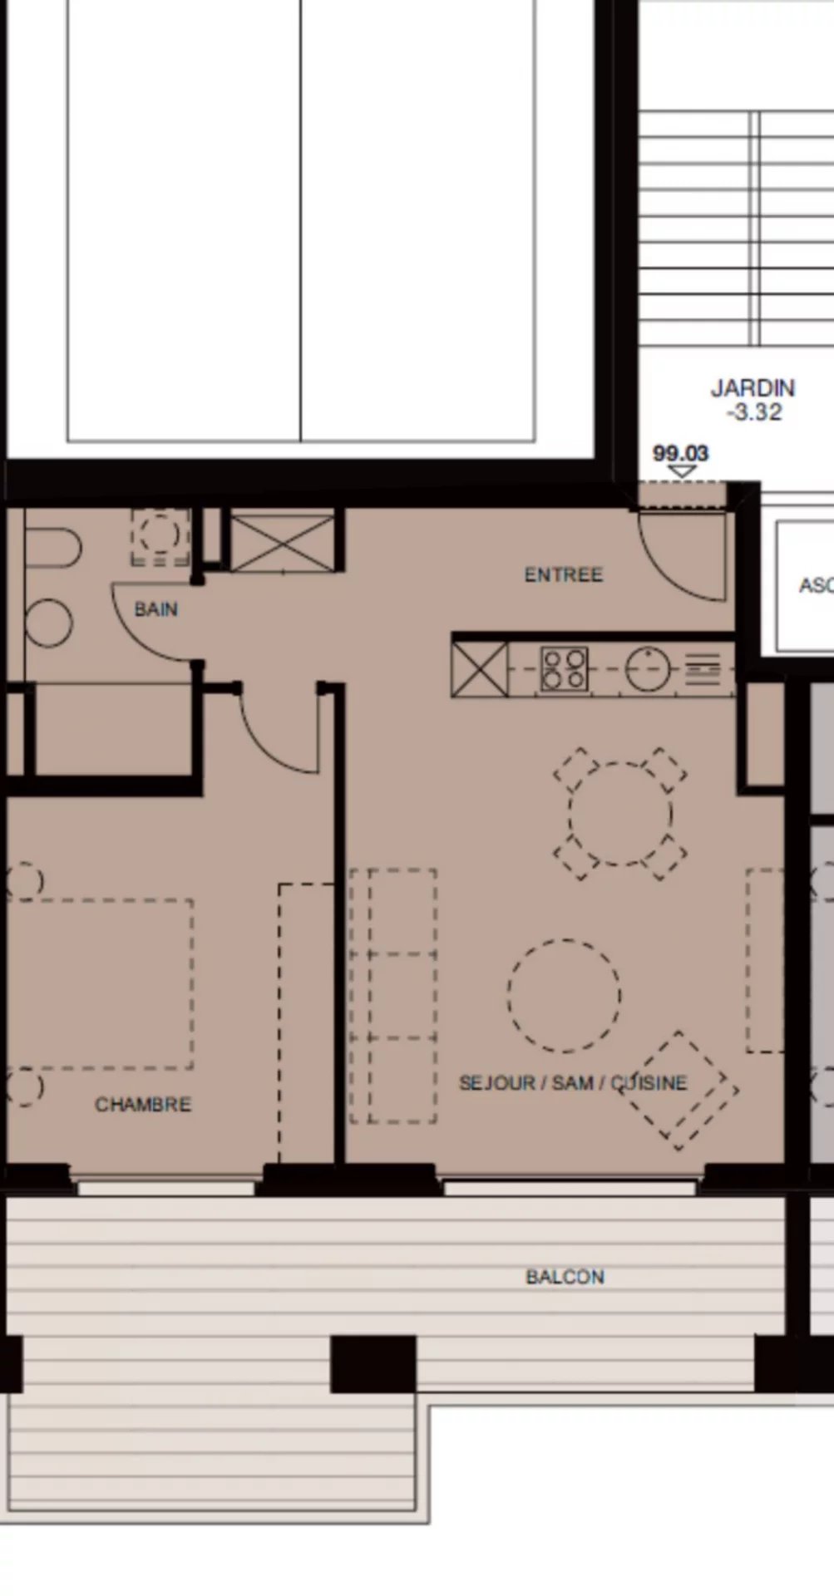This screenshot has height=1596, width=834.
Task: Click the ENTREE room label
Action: [x=563, y=574]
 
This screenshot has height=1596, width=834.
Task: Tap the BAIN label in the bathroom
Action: [x=156, y=609]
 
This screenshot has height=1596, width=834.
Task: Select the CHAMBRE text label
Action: [x=143, y=1104]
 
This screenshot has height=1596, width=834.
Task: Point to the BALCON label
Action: [x=565, y=1277]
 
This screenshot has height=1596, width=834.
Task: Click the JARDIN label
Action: [x=753, y=388]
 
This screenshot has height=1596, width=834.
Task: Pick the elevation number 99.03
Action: [x=680, y=454]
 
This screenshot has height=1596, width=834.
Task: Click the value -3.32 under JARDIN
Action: [x=753, y=412]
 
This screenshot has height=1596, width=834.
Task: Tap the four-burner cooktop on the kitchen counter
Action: [x=565, y=670]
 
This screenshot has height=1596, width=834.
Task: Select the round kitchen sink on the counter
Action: [x=648, y=669]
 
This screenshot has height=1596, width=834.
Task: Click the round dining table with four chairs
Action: [x=620, y=813]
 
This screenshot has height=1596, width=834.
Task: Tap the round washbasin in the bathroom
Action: [x=48, y=623]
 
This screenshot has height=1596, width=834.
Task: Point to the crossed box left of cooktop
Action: [x=480, y=670]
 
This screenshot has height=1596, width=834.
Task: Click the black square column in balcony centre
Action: [x=373, y=1363]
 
